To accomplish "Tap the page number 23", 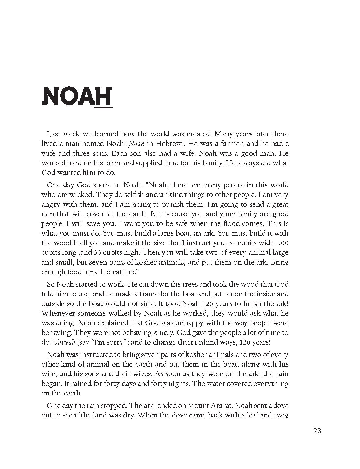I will tap(317, 431).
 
